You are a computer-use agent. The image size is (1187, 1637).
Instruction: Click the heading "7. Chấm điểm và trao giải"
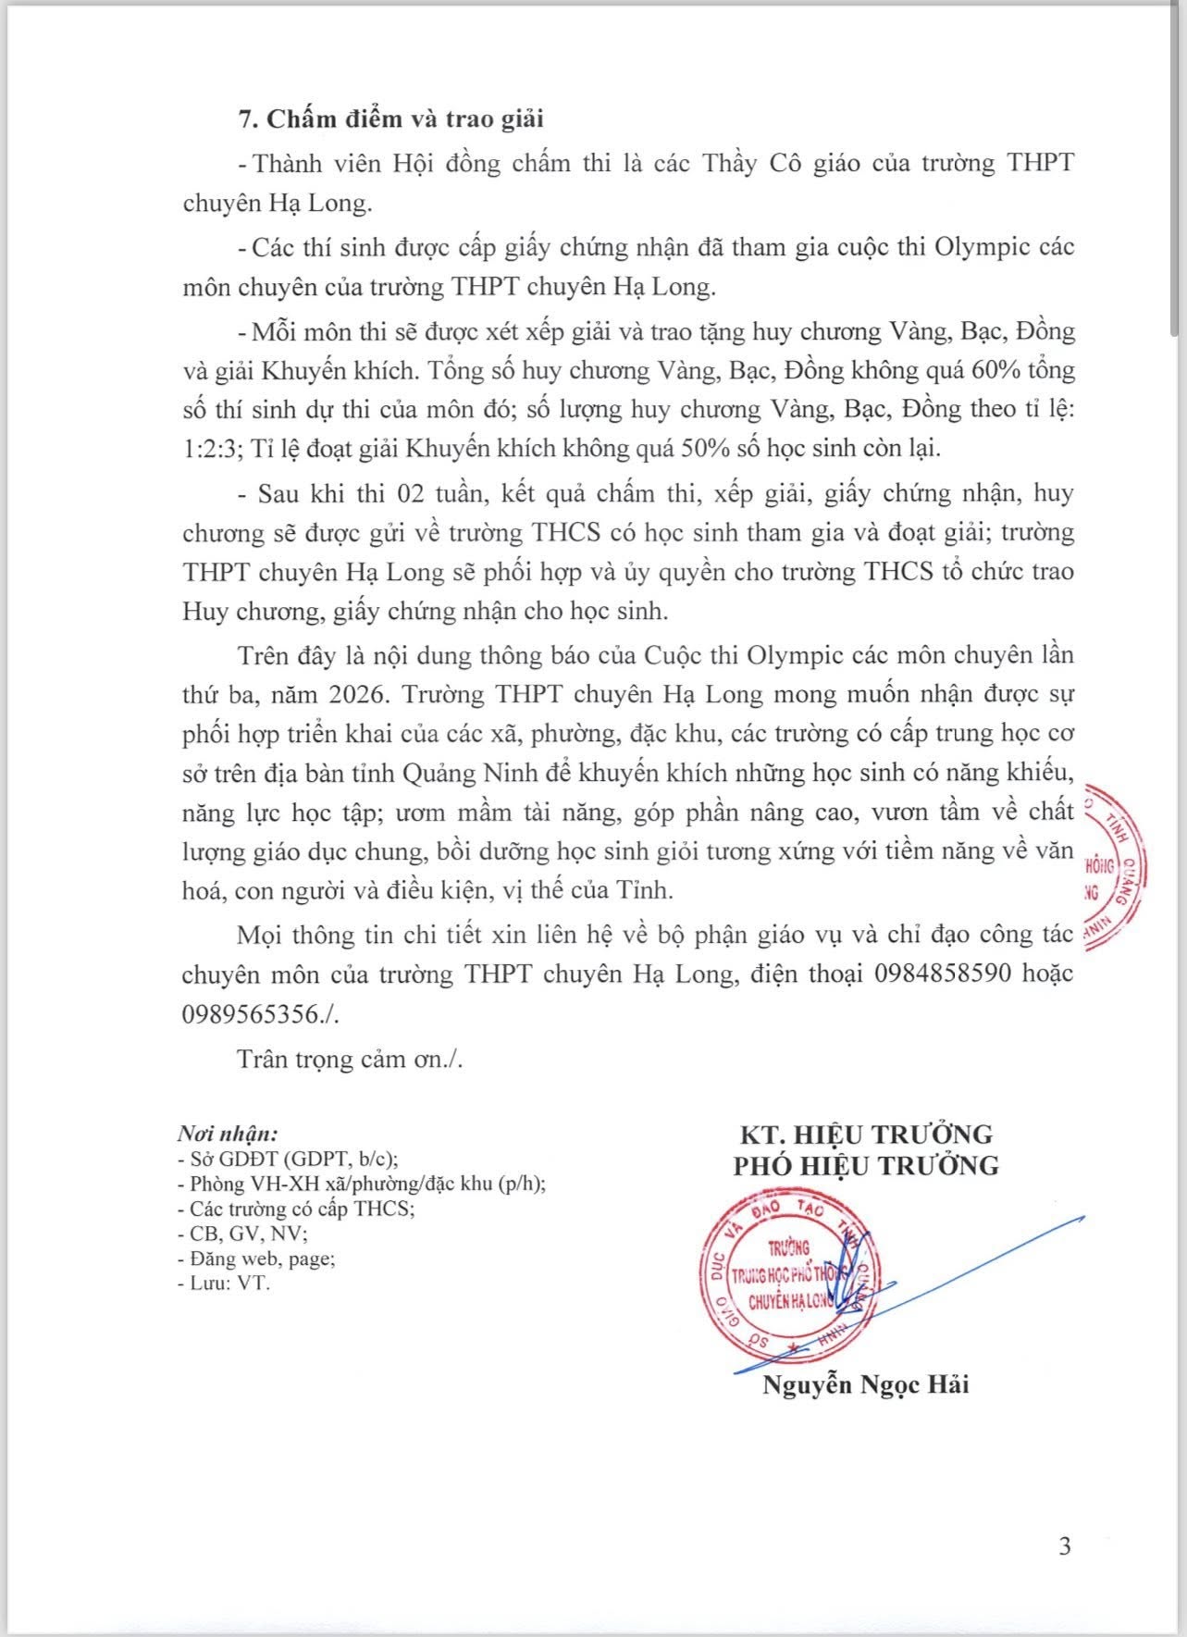coord(391,120)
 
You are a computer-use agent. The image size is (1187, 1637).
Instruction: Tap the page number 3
coord(1064,1545)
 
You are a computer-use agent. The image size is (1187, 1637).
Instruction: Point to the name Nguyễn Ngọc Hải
coord(865,1385)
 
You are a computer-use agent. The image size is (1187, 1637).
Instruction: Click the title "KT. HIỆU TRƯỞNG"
coord(866,1134)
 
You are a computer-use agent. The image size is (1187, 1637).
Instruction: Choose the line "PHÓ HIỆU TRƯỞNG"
coord(866,1165)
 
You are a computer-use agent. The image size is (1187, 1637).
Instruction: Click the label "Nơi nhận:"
coord(228,1134)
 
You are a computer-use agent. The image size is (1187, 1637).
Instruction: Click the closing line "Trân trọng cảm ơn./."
coord(350,1059)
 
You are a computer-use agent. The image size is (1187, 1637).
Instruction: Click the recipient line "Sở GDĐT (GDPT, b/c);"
coord(293,1159)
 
